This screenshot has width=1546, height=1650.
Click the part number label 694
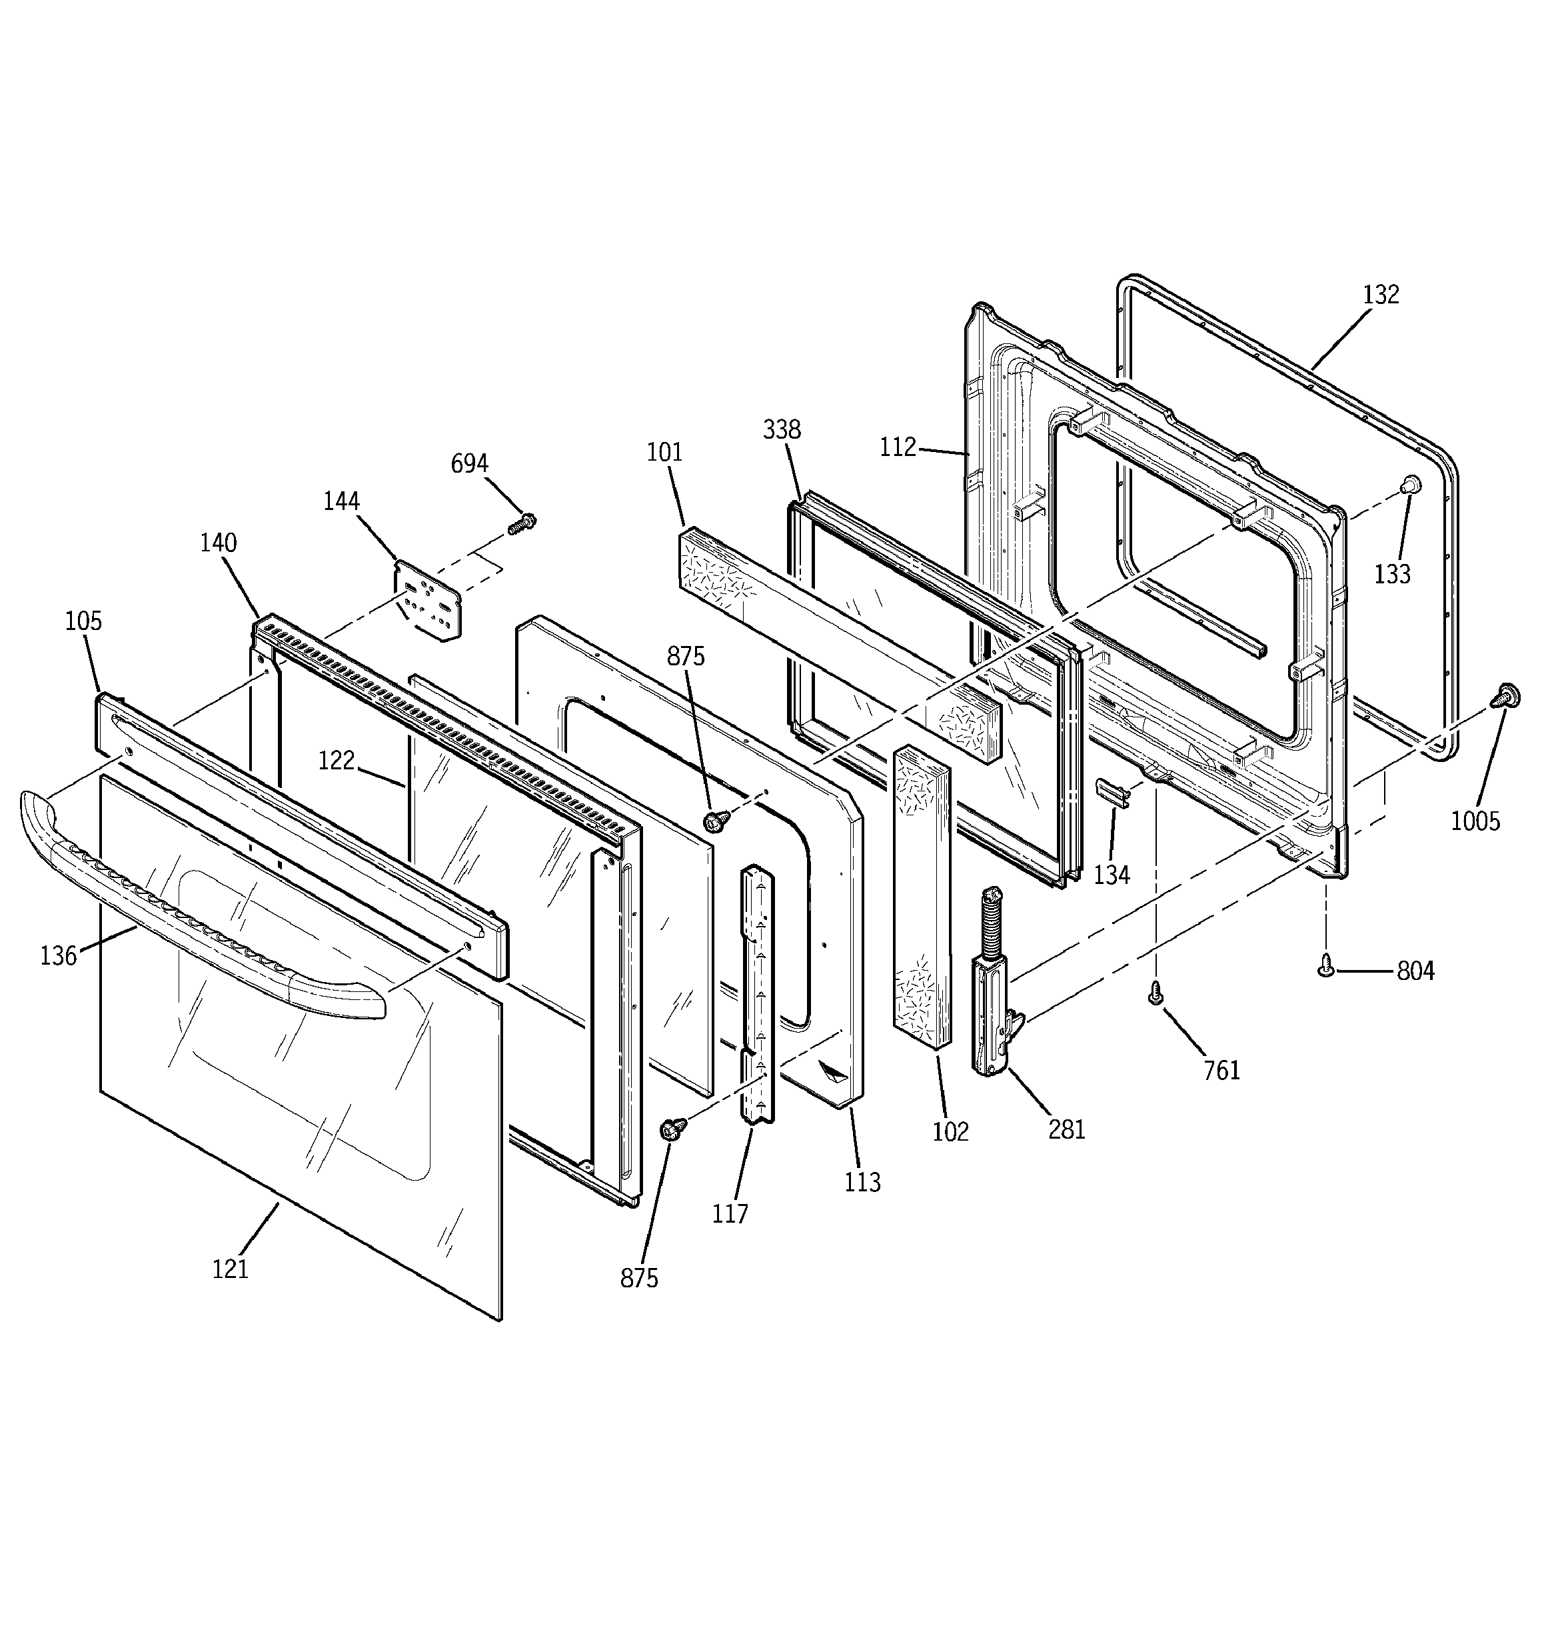tap(469, 463)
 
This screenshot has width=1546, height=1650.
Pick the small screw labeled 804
tap(1326, 965)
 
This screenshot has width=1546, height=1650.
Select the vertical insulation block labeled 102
tap(921, 897)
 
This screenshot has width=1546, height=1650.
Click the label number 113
tap(862, 1182)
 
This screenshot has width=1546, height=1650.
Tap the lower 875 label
tap(639, 1278)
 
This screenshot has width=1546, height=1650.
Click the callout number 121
tap(230, 1269)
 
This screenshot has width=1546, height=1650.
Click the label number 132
tap(1381, 295)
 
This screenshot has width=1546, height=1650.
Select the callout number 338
tap(782, 429)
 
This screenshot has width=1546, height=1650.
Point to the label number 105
tap(83, 621)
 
